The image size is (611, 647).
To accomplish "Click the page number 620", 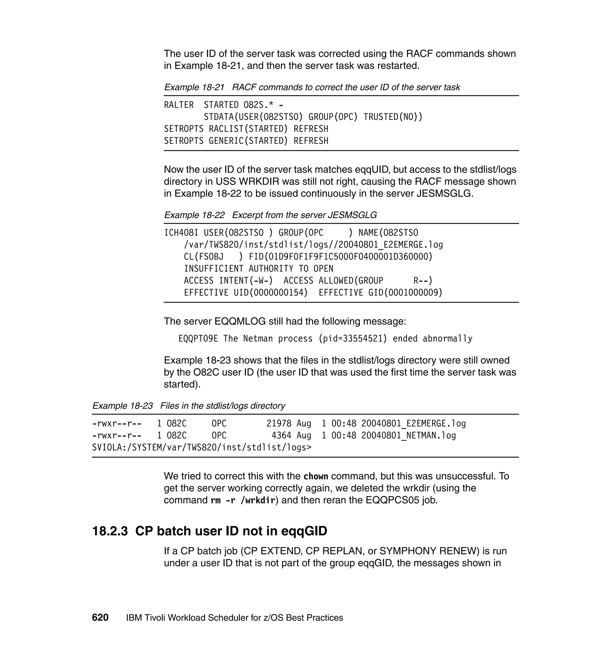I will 100,617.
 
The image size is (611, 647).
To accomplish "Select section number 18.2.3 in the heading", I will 110,531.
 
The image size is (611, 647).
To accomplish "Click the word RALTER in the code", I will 179,105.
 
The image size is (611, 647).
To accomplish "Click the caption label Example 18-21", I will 195,87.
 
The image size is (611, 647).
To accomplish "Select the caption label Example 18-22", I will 195,215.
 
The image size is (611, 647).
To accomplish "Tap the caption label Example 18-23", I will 122,406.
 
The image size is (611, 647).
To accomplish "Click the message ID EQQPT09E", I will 198,339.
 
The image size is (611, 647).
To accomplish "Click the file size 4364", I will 281,436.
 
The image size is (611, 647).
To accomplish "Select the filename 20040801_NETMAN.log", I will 408,436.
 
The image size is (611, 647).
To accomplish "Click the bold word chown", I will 316,477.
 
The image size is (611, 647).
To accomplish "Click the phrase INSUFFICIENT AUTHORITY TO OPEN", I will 259,269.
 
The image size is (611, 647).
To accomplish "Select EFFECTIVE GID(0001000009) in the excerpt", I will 380,292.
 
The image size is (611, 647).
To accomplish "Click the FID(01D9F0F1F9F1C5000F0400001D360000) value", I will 340,257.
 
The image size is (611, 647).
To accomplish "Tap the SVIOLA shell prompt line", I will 202,448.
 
